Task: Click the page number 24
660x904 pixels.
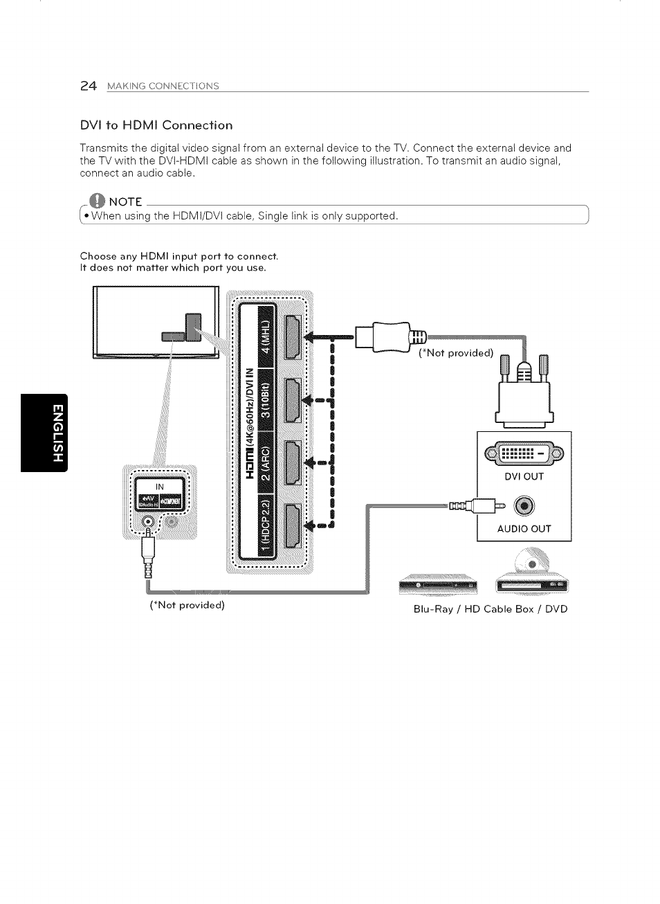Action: point(87,86)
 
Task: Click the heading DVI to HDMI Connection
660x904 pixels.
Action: point(156,125)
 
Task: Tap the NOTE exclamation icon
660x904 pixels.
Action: point(99,201)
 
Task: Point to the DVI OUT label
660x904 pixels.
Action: point(524,476)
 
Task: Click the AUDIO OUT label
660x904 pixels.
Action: point(524,529)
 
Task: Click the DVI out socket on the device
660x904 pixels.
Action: point(524,453)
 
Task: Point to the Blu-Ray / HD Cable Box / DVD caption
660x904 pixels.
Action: point(490,609)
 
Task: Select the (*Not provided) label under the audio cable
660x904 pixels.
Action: point(187,605)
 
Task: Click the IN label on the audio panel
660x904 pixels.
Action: point(160,487)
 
